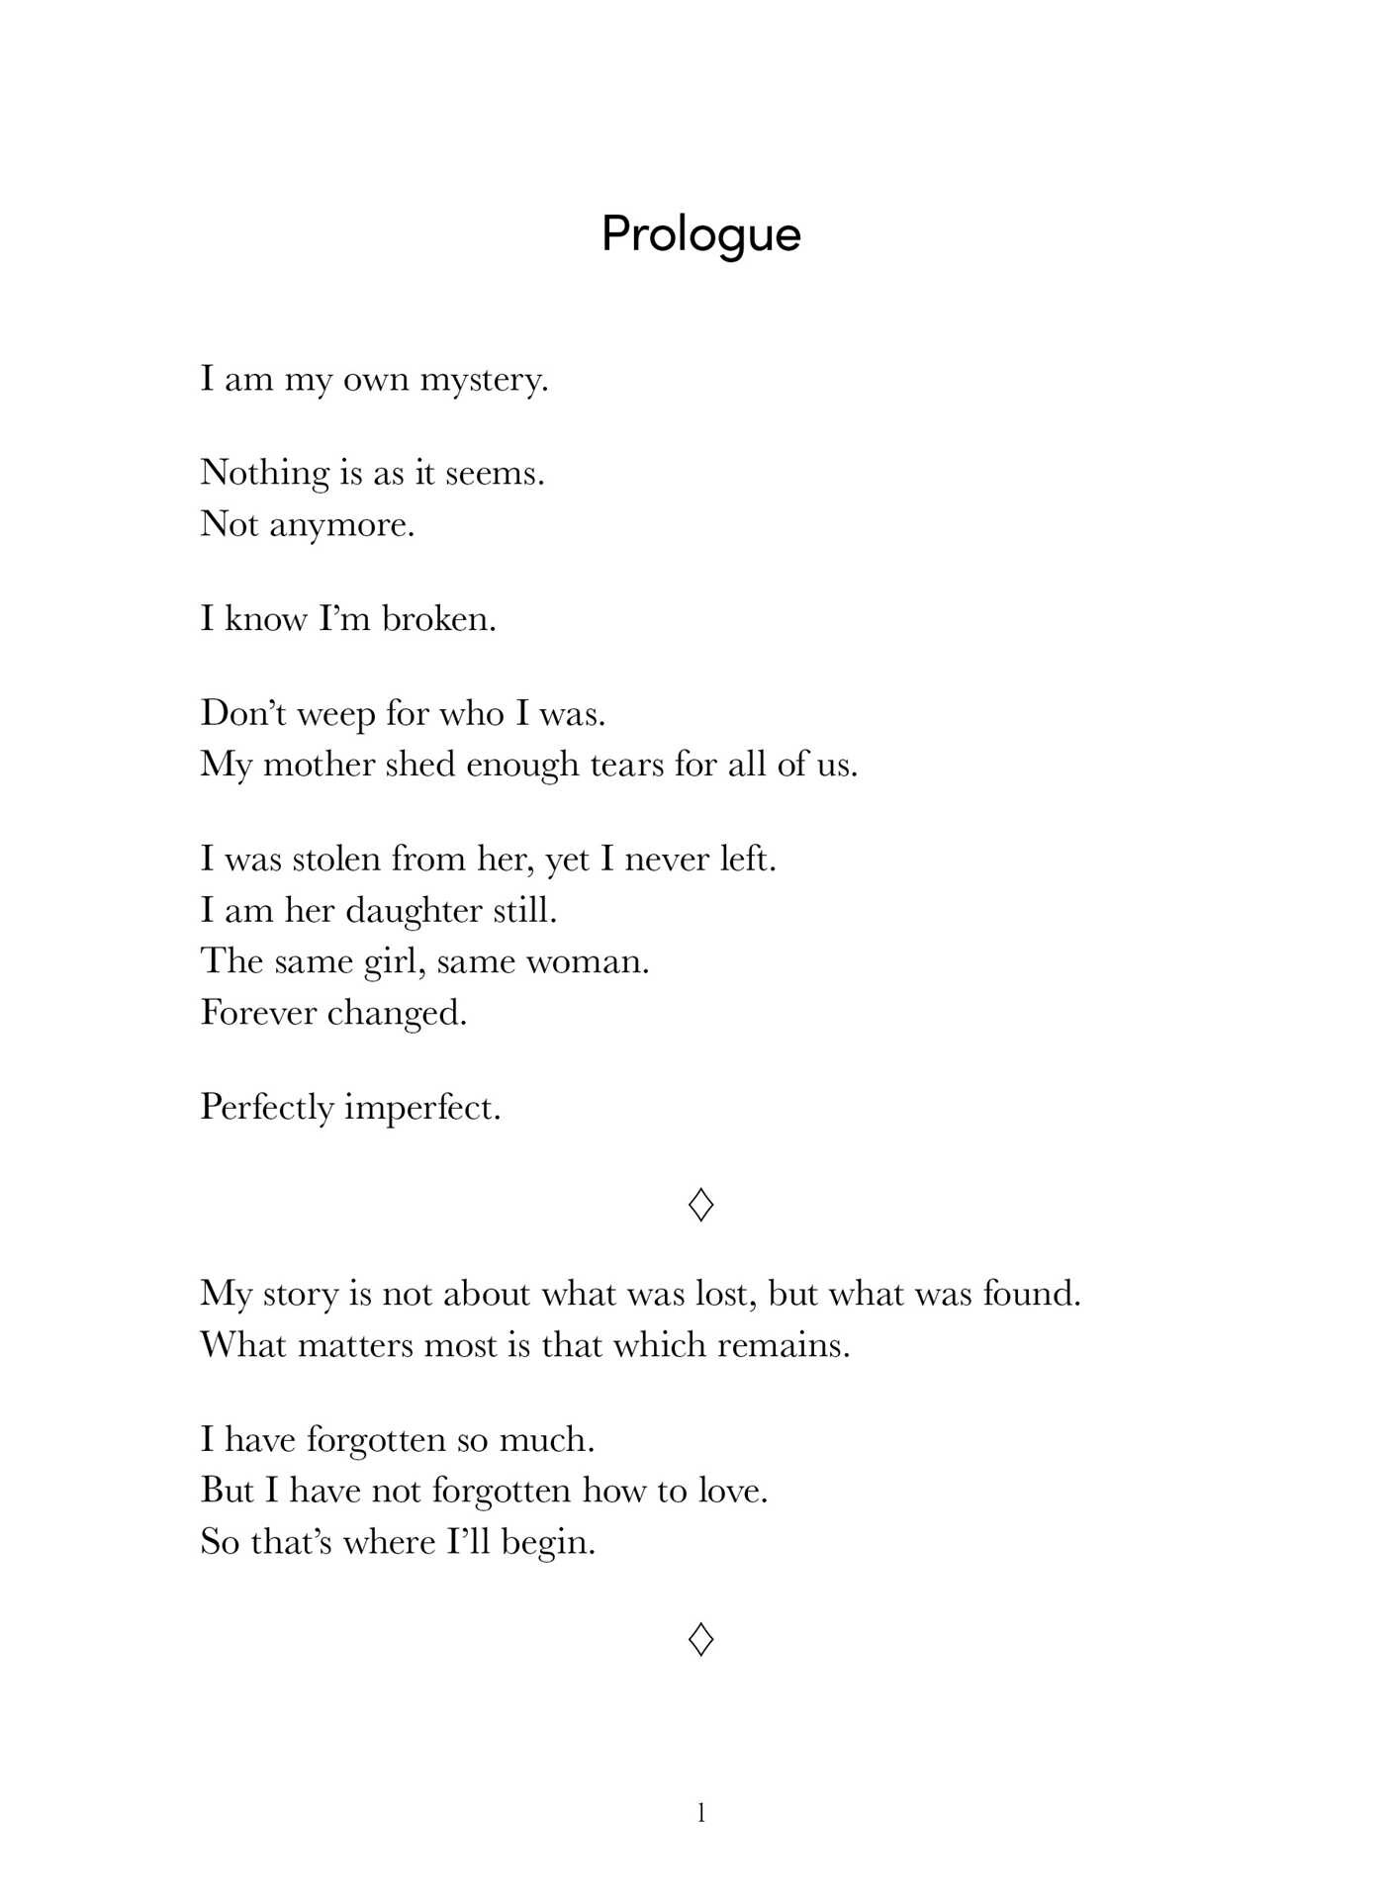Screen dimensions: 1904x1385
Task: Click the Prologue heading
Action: [700, 235]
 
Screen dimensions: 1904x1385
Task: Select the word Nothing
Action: [264, 474]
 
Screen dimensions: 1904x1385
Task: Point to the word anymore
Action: [341, 525]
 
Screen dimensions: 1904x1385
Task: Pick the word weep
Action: [335, 714]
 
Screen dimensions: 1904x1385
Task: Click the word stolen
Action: [335, 859]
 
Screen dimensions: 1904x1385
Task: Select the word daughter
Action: [414, 911]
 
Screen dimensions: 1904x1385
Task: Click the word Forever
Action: [257, 1013]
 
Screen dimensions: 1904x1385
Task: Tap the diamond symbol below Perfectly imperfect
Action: [700, 1204]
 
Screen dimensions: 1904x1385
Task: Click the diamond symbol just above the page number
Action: [700, 1639]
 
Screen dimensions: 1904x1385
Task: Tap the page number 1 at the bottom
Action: [701, 1813]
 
